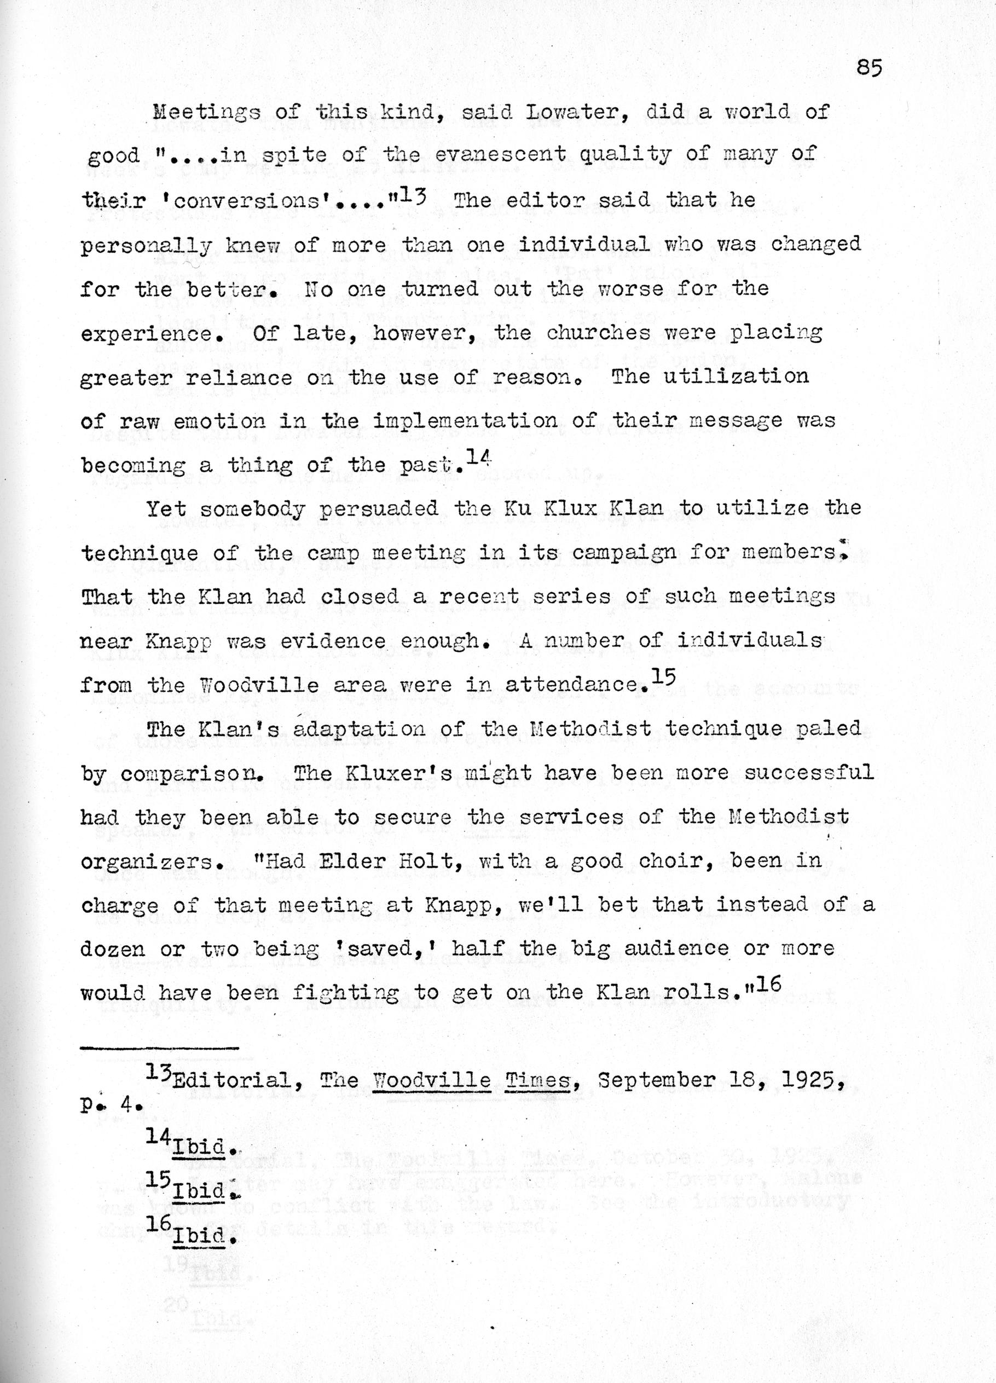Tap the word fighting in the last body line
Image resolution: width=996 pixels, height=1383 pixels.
tap(346, 993)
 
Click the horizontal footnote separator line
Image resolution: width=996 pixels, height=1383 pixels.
tap(160, 1048)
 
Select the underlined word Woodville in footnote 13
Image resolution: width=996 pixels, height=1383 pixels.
tap(432, 1081)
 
